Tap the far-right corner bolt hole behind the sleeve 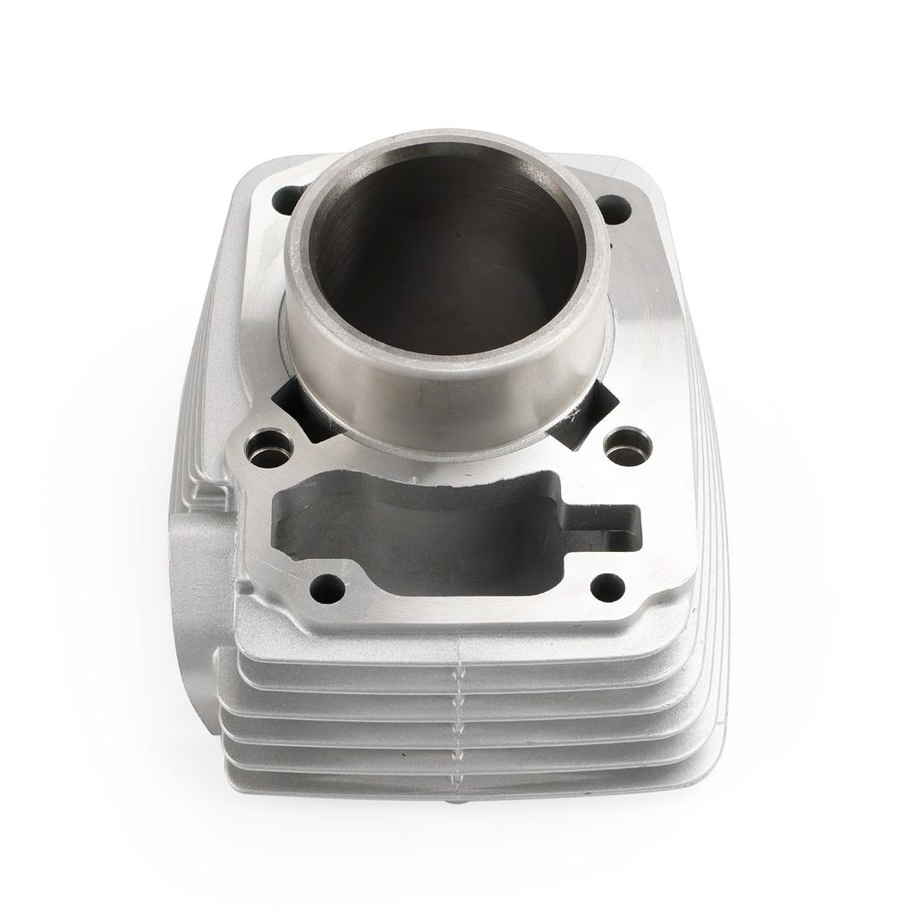(613, 208)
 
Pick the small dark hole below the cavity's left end (327, 588)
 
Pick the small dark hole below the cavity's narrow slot (608, 587)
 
